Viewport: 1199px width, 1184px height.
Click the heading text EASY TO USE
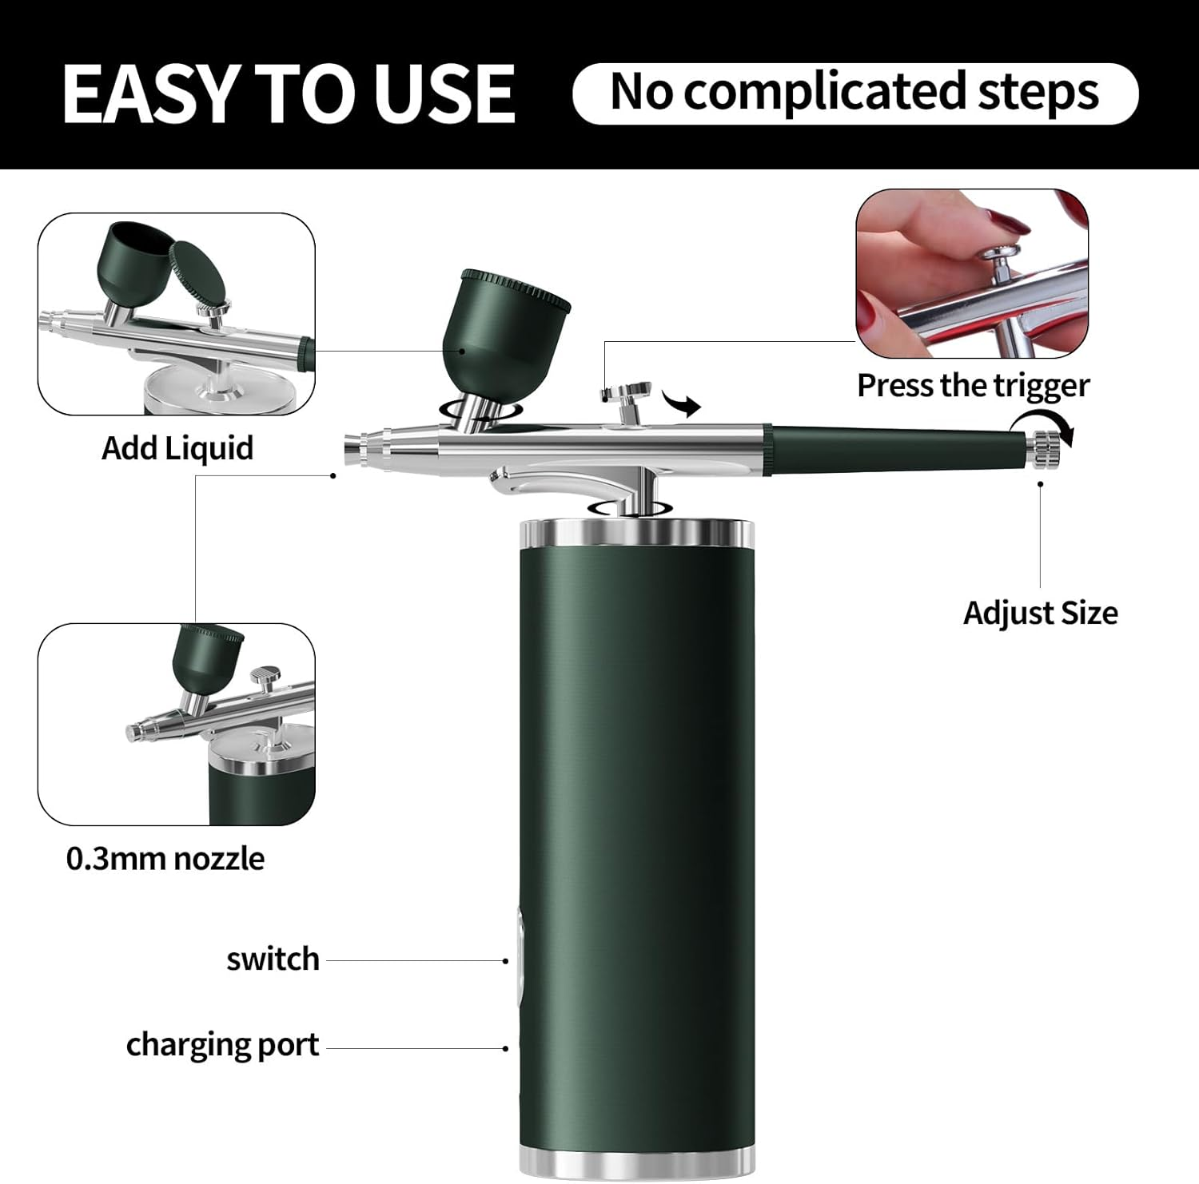(x=289, y=93)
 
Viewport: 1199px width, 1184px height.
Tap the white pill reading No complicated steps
(x=855, y=93)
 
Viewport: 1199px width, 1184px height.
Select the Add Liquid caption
(x=177, y=448)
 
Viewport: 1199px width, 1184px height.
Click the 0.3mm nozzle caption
(x=165, y=859)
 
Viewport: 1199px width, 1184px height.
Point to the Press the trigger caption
(x=973, y=386)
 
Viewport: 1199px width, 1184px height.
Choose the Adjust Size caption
(x=1040, y=614)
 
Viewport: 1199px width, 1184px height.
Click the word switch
(x=273, y=960)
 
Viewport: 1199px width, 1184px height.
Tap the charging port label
(x=222, y=1045)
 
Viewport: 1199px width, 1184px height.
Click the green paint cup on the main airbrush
(x=504, y=320)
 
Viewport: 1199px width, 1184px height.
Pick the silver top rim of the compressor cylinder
(x=636, y=533)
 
